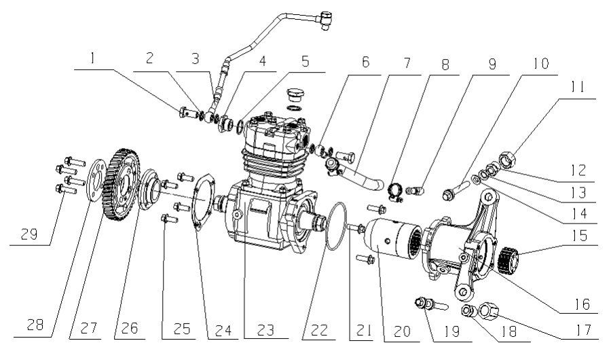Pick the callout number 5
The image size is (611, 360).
304,60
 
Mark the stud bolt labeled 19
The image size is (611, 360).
427,303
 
